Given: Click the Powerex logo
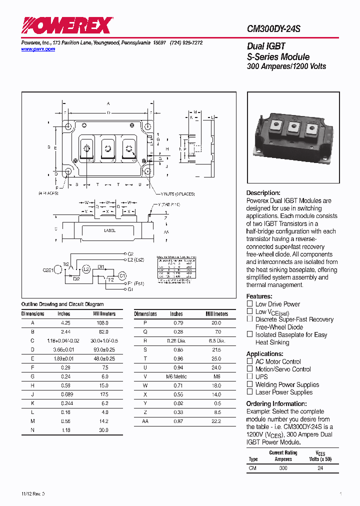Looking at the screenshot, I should coord(67,25).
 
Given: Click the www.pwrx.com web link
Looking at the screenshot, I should coord(38,49).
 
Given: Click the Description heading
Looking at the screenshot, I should coord(263,193).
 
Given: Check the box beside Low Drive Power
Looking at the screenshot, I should coord(249,303).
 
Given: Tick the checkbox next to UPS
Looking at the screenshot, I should coord(249,376).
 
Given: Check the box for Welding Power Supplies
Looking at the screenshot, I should coord(249,384).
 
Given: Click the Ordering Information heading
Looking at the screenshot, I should coord(276,404).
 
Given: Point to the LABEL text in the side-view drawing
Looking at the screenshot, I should coord(109,230).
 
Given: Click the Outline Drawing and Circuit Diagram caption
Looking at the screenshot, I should coord(62,304).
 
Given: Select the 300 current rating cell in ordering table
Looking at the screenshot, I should coord(283,468).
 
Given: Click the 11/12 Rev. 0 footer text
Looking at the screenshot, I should coord(33,493).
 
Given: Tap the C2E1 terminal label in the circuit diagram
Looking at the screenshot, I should coord(48,269).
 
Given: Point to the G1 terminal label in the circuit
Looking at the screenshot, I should coord(130,289).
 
